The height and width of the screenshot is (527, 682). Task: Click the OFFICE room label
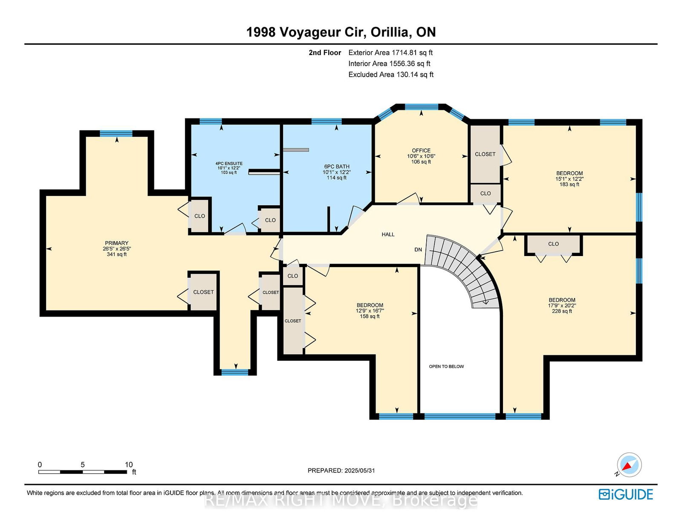[x=421, y=150]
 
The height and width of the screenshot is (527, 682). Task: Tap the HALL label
[x=388, y=234]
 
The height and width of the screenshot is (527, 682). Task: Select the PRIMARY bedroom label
[x=117, y=243]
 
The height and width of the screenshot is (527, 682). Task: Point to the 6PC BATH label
[x=336, y=167]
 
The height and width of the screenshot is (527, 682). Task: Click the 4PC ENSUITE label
[x=229, y=164]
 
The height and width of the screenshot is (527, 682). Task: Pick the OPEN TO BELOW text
[x=446, y=366]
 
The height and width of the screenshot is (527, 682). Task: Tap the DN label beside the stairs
[x=418, y=250]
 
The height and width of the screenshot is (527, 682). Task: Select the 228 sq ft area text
[x=562, y=311]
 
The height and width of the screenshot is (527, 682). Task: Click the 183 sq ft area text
[x=569, y=184]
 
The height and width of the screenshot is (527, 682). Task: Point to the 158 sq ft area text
[x=370, y=317]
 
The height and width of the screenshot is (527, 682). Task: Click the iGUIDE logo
[x=626, y=494]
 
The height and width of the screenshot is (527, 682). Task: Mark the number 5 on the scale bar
[x=83, y=464]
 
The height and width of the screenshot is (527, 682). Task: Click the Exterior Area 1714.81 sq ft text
[x=390, y=53]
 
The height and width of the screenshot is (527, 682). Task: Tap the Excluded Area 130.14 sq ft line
[x=391, y=75]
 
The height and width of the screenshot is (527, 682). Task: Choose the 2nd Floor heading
[x=325, y=53]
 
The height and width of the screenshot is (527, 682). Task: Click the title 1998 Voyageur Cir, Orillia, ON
[x=341, y=32]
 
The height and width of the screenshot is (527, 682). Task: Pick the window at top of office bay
[x=421, y=107]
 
